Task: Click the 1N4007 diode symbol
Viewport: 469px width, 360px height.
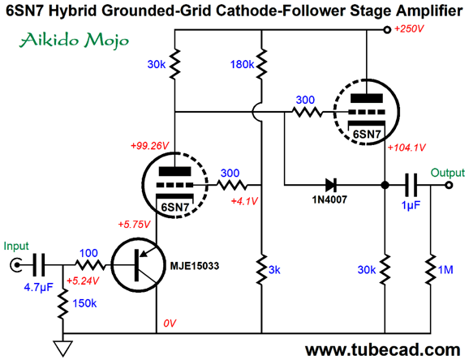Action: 330,185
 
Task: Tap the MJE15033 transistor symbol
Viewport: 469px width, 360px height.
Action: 138,265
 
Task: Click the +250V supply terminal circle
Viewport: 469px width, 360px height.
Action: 387,30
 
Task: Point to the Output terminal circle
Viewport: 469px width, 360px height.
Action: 449,186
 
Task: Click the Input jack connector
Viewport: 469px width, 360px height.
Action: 15,265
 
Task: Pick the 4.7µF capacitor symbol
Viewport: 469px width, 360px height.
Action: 39,265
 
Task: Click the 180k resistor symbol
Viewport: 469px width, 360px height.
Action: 262,64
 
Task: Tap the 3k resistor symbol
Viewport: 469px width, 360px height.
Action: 262,269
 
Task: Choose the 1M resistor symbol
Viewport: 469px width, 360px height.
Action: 431,269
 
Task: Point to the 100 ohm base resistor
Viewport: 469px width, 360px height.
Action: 90,265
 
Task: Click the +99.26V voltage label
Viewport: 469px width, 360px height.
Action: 150,146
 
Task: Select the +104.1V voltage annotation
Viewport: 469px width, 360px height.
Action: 407,148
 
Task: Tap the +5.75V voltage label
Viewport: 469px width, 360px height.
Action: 134,225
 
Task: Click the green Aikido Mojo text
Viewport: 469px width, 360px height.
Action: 74,41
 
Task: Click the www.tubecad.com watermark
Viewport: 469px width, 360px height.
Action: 382,349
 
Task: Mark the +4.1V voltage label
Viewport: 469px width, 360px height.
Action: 244,201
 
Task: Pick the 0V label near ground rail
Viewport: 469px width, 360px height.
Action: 170,324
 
